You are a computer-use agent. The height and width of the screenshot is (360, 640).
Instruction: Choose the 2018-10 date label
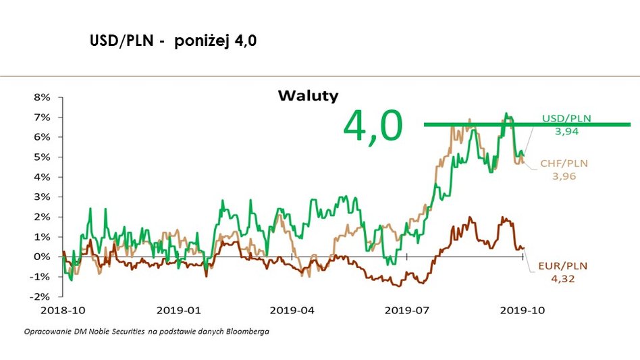tap(64, 311)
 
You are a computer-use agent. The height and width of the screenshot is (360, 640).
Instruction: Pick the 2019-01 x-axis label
tap(178, 311)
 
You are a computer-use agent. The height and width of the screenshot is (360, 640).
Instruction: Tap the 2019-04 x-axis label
tap(292, 311)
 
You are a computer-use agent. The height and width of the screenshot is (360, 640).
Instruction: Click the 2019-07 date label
tap(407, 311)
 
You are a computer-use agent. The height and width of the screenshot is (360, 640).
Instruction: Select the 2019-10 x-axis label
tap(522, 311)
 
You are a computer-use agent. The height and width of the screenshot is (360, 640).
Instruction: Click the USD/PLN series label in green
tap(566, 118)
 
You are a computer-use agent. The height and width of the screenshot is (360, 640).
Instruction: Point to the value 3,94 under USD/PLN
tap(566, 132)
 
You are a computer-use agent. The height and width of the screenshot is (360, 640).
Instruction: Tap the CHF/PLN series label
tap(564, 163)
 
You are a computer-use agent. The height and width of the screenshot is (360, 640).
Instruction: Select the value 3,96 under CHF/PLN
tap(564, 176)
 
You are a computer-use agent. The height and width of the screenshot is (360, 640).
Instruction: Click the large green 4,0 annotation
tap(373, 126)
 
